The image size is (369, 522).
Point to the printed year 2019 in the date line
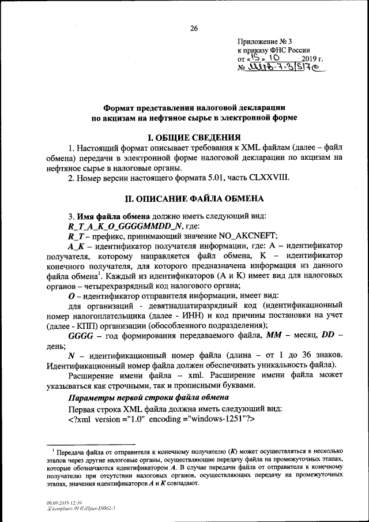pyautogui.click(x=311, y=58)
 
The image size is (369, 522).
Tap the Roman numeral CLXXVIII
pyautogui.click(x=285, y=177)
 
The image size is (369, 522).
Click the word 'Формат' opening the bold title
pyautogui.click(x=122, y=108)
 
